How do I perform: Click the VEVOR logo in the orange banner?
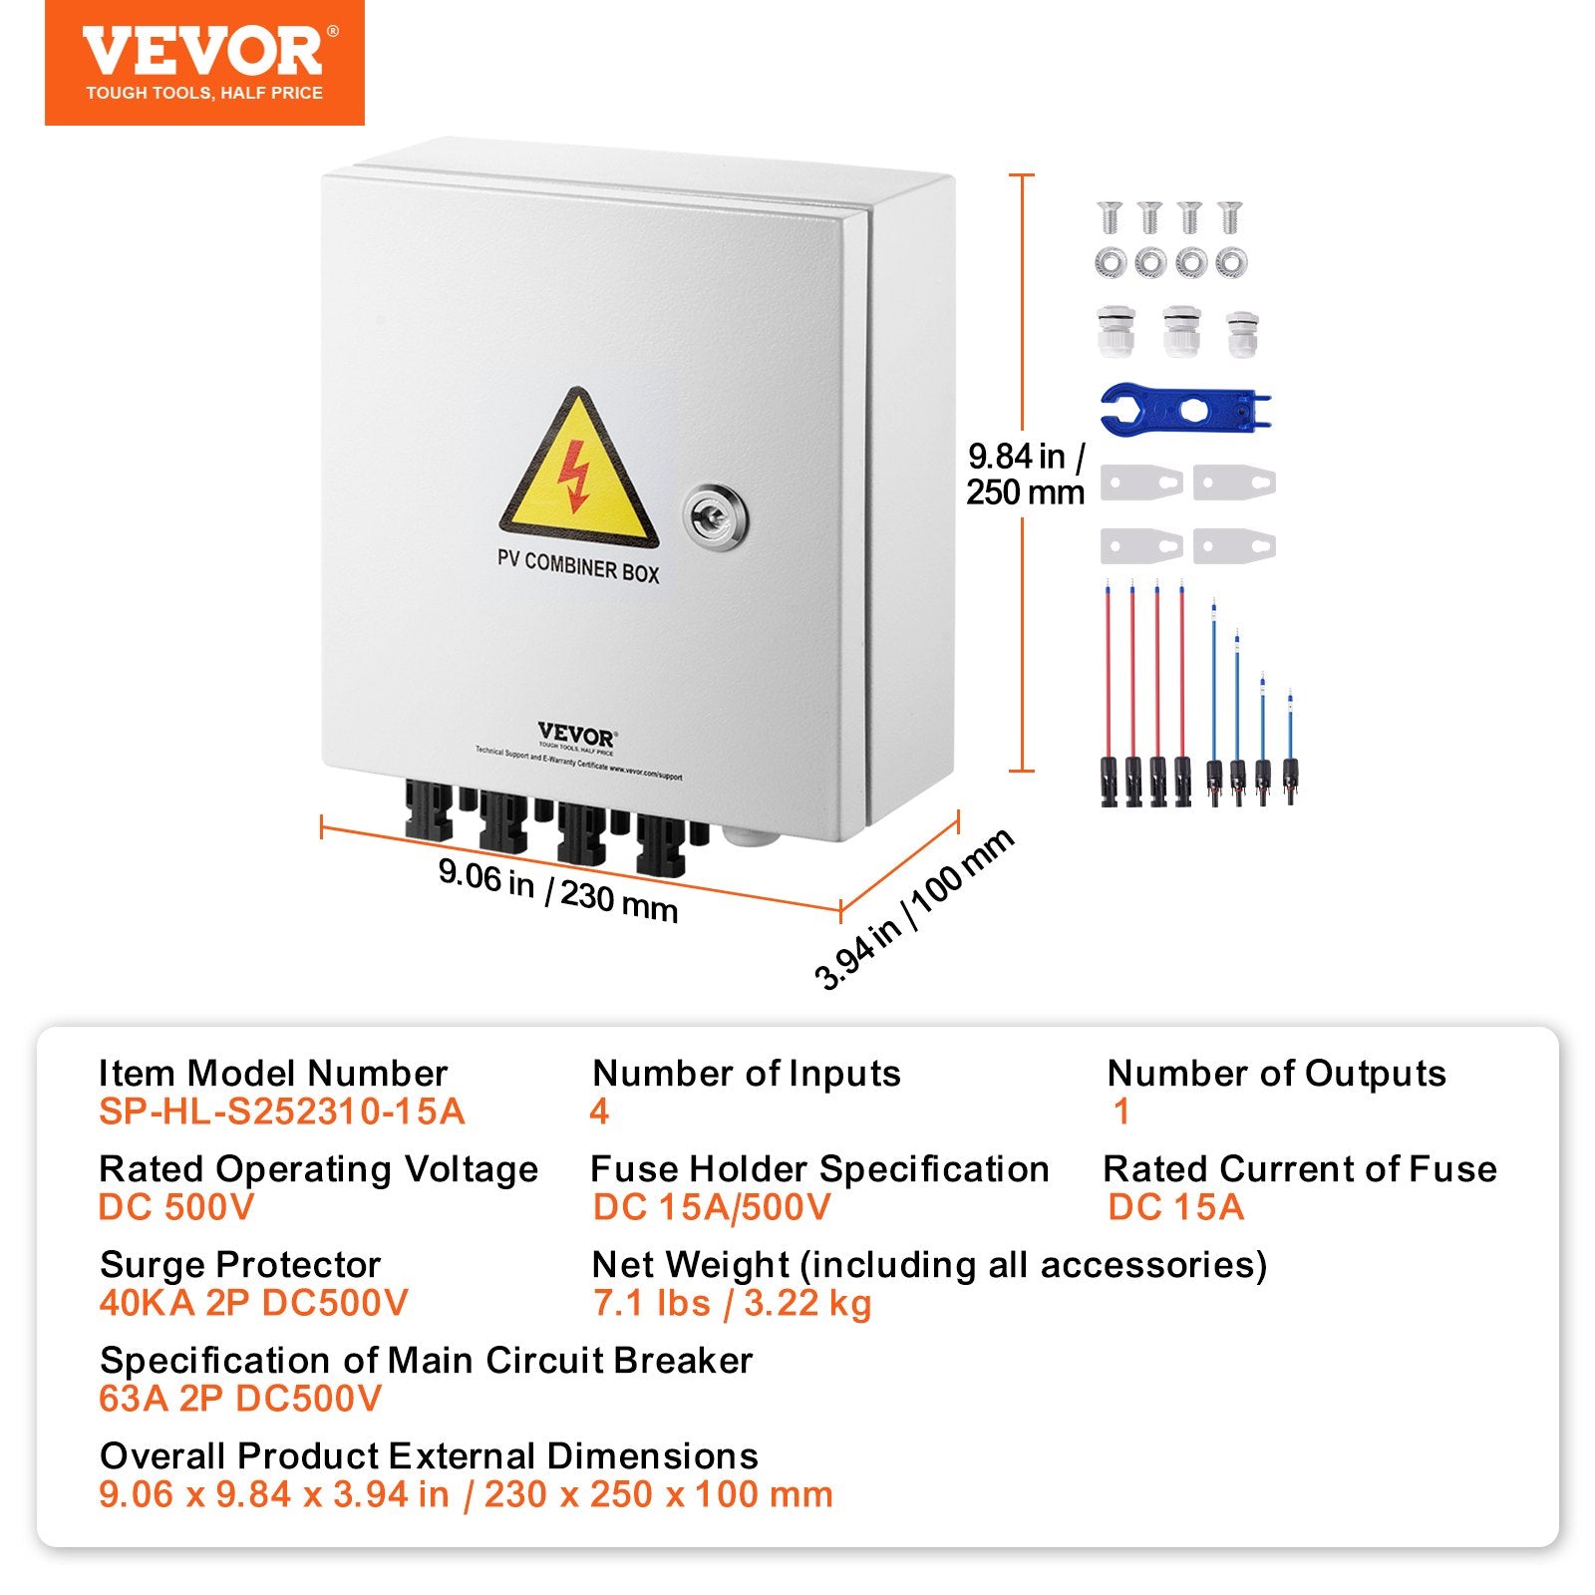click(x=203, y=52)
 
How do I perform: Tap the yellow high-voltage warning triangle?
click(x=578, y=469)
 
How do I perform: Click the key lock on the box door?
click(x=715, y=515)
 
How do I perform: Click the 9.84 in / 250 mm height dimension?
click(x=1026, y=475)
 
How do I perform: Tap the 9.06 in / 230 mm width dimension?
click(x=558, y=890)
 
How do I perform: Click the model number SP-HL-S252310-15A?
click(x=282, y=1112)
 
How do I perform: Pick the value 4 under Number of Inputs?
click(x=599, y=1112)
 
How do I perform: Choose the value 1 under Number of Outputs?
click(x=1121, y=1112)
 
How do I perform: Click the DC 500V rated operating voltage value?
click(x=176, y=1207)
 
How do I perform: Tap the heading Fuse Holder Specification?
click(x=819, y=1168)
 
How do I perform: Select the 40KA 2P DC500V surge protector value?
click(x=253, y=1303)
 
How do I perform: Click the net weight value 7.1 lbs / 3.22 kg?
click(x=732, y=1303)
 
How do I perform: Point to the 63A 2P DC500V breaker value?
click(x=240, y=1399)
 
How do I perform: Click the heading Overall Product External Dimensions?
click(x=429, y=1455)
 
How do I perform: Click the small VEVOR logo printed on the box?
click(x=576, y=736)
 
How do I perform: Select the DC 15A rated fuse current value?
click(x=1176, y=1207)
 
